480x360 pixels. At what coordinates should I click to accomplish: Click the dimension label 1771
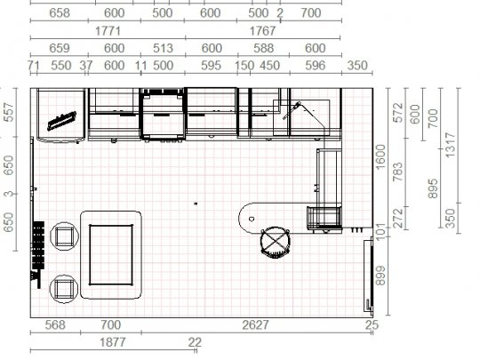pyautogui.click(x=108, y=31)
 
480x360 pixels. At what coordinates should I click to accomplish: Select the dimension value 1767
pyautogui.click(x=262, y=31)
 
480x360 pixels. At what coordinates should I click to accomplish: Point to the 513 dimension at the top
pyautogui.click(x=163, y=48)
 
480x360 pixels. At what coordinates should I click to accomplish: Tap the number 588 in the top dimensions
pyautogui.click(x=264, y=48)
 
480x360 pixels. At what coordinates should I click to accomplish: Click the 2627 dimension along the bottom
pyautogui.click(x=255, y=324)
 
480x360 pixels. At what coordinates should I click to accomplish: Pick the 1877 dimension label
pyautogui.click(x=113, y=342)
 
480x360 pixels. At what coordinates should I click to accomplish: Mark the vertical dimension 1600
pyautogui.click(x=380, y=156)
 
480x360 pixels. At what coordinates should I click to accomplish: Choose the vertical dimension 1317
pyautogui.click(x=451, y=145)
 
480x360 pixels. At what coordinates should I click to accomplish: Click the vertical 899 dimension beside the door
pyautogui.click(x=380, y=276)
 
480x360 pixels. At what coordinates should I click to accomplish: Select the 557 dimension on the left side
pyautogui.click(x=9, y=112)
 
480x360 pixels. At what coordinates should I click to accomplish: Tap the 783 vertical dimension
pyautogui.click(x=398, y=172)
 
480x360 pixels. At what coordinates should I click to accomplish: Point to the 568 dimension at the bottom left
pyautogui.click(x=55, y=324)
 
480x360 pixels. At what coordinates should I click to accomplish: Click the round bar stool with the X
pyautogui.click(x=275, y=242)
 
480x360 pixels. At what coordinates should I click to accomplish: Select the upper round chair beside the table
pyautogui.click(x=64, y=236)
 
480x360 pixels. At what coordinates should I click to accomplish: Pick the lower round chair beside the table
pyautogui.click(x=64, y=289)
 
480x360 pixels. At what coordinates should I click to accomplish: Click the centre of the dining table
pyautogui.click(x=111, y=255)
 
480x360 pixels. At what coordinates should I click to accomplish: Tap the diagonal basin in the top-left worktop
pyautogui.click(x=62, y=121)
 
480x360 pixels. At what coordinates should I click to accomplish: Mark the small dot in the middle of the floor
pyautogui.click(x=196, y=204)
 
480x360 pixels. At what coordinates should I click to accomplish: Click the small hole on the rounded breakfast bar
pyautogui.click(x=252, y=219)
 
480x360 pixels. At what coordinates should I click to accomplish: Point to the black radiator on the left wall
pyautogui.click(x=38, y=245)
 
